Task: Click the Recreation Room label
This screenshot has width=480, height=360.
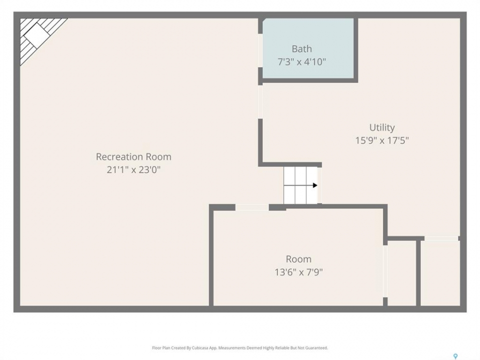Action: [x=133, y=156]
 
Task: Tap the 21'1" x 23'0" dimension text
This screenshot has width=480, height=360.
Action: [x=133, y=169]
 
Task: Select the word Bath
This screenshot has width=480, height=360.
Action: [x=302, y=49]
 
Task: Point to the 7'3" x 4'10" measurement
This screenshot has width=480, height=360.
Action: [x=302, y=62]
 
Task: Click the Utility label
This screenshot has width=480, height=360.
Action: [x=382, y=127]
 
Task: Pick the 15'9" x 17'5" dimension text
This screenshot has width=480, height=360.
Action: [x=382, y=140]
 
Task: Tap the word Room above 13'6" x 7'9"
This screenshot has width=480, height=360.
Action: [x=299, y=259]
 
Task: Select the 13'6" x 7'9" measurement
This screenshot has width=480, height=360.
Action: [x=299, y=272]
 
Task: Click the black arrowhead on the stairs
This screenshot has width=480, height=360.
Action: [x=315, y=185]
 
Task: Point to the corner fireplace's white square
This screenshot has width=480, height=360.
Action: [x=36, y=36]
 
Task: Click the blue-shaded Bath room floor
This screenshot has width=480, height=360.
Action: [x=308, y=48]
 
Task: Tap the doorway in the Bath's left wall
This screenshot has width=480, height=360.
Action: [x=260, y=50]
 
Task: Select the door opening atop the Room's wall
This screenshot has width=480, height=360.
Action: [x=252, y=207]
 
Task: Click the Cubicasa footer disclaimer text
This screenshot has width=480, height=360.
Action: [x=240, y=348]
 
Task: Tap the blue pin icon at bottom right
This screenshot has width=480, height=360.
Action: [x=455, y=356]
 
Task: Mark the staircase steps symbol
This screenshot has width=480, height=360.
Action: [x=300, y=185]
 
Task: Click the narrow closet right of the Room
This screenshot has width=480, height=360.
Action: [x=401, y=273]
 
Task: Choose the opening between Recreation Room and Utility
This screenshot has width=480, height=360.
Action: [x=260, y=101]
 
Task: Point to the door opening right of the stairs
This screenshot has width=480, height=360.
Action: [x=319, y=185]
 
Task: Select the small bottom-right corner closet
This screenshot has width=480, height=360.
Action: [x=440, y=273]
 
